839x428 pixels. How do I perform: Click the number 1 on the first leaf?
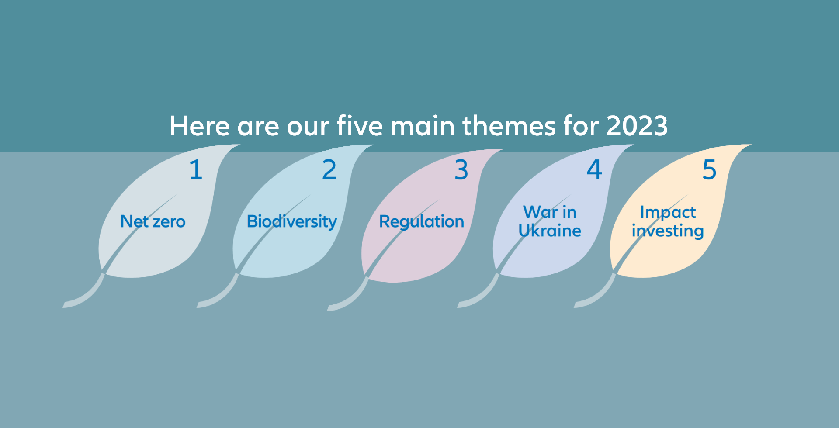click(196, 169)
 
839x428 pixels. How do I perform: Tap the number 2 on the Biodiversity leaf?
click(329, 169)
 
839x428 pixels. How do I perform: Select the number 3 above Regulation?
click(461, 170)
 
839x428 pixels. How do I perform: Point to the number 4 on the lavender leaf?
click(594, 169)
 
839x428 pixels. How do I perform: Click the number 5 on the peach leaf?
click(709, 170)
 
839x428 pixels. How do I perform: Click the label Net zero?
click(153, 221)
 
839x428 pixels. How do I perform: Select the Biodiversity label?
click(292, 222)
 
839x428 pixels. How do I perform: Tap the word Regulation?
click(422, 222)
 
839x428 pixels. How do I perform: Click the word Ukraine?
click(550, 231)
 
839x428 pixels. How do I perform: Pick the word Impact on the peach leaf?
click(668, 213)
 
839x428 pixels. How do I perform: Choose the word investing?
click(668, 231)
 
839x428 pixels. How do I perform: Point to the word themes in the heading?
click(509, 126)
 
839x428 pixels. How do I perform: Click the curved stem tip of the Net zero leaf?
click(64, 305)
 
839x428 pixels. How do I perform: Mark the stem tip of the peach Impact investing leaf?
click(576, 305)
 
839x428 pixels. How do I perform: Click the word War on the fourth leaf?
click(541, 212)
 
